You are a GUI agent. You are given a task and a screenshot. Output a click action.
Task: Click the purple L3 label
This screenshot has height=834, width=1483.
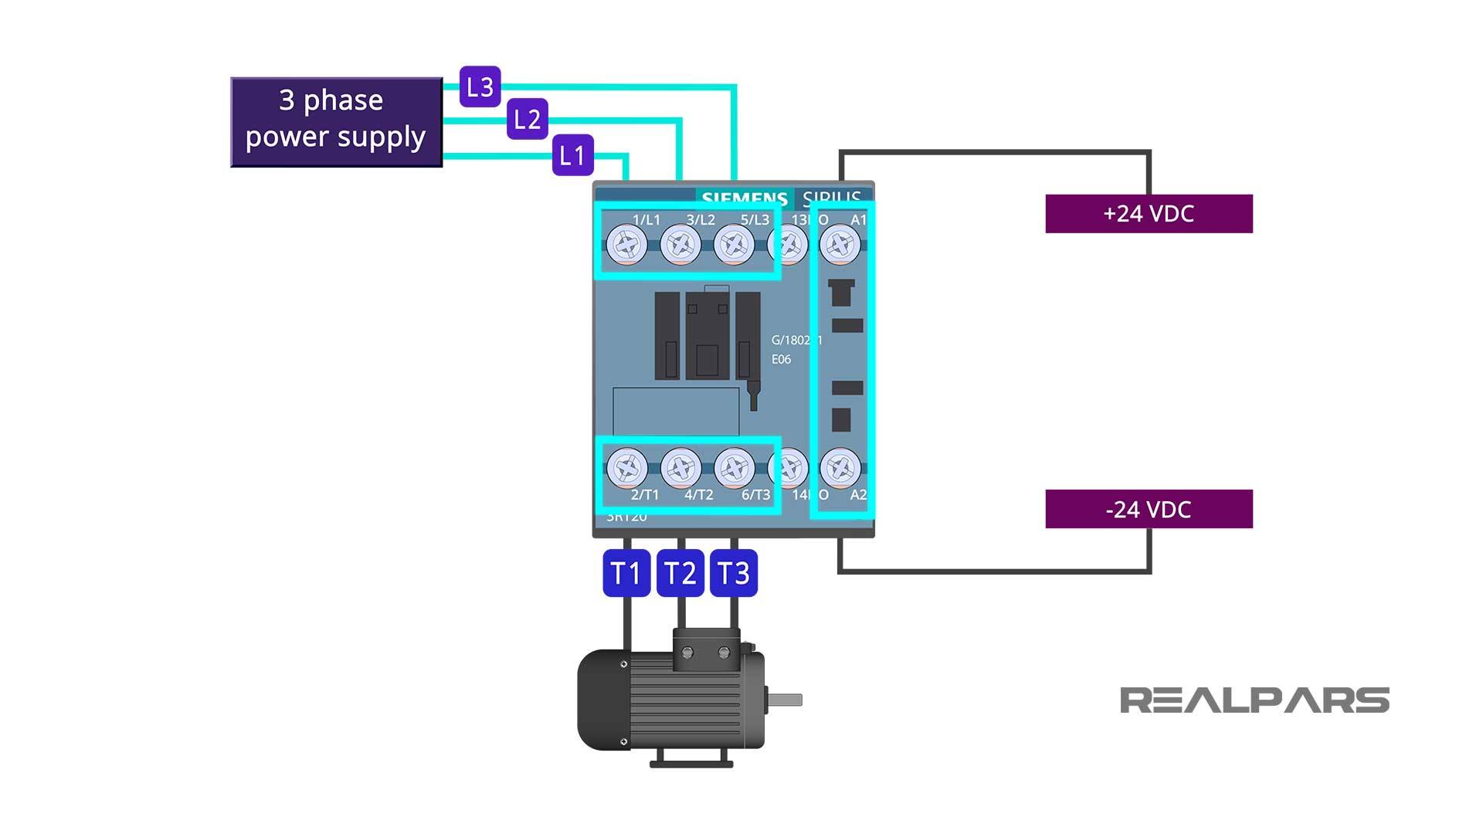[480, 86]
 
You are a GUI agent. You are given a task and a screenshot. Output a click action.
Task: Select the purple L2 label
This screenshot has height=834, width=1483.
[527, 119]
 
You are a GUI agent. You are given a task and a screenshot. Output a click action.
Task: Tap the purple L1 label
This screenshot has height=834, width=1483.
[572, 155]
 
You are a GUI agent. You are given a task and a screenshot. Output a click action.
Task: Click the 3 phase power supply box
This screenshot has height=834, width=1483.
[336, 121]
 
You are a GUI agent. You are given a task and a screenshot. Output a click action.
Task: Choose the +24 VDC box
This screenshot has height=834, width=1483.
[1149, 213]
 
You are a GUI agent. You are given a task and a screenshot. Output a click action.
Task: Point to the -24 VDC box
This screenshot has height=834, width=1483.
[1149, 509]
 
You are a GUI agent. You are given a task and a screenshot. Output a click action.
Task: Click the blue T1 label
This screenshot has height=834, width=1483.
[626, 573]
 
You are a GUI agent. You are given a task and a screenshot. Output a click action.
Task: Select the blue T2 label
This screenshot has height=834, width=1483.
[680, 573]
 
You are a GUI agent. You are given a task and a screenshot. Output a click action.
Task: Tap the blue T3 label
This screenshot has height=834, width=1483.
[733, 573]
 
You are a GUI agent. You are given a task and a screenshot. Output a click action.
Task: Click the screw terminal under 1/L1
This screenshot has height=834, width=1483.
[626, 246]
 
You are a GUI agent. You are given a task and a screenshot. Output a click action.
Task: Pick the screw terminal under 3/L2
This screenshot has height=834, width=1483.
[680, 246]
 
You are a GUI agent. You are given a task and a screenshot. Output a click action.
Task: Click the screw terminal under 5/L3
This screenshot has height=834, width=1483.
[734, 246]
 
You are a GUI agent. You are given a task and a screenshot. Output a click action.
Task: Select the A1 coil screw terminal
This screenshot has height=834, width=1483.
[840, 246]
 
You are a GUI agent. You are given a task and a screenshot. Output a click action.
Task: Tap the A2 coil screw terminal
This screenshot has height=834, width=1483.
[840, 468]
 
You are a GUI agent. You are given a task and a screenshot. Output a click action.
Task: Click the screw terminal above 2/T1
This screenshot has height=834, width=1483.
[626, 468]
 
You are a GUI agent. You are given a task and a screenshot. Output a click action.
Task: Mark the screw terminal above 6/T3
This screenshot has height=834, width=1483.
[734, 468]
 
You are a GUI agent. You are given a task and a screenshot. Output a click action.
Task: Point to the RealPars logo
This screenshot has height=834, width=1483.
[1254, 700]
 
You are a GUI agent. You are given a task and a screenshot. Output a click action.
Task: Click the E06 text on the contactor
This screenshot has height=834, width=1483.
[781, 359]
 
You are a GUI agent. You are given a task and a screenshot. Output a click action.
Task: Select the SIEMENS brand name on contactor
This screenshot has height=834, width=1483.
[744, 198]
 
